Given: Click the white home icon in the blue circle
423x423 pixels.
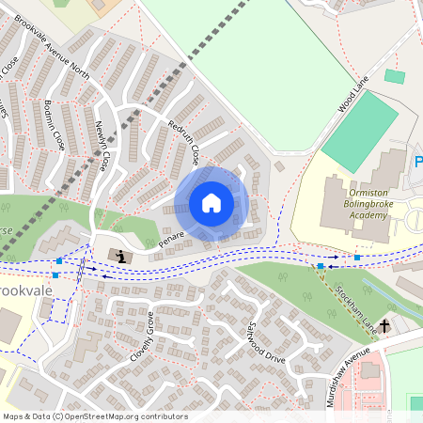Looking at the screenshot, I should coord(211,203).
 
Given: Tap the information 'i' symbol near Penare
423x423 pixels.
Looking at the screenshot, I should coord(119,255).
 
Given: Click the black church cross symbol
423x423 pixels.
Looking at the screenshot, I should coord(385,329).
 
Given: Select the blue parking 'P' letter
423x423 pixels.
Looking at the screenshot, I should coord(418,164).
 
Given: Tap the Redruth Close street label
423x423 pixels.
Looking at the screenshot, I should coord(183,141).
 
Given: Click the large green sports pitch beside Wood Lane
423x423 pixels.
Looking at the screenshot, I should coord(360,131).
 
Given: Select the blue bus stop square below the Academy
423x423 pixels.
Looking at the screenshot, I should coord(357,257).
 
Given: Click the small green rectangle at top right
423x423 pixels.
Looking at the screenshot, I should coord(395,76).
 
